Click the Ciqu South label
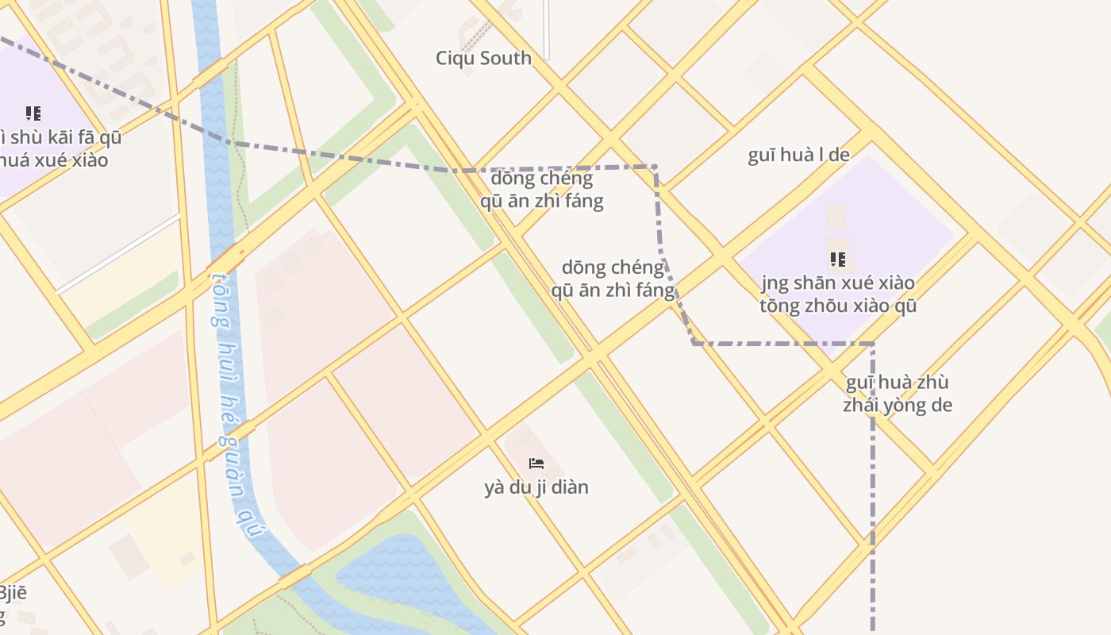[x=483, y=58]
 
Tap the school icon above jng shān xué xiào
[x=837, y=260]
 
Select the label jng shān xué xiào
[x=837, y=283]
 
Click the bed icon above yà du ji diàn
[x=536, y=463]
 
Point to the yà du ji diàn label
[x=536, y=487]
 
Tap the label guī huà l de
[x=798, y=155]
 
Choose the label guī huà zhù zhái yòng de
[x=897, y=394]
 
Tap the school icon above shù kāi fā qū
[x=33, y=114]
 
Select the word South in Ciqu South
[x=506, y=58]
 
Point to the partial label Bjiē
[x=13, y=593]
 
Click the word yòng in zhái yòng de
[x=903, y=405]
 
